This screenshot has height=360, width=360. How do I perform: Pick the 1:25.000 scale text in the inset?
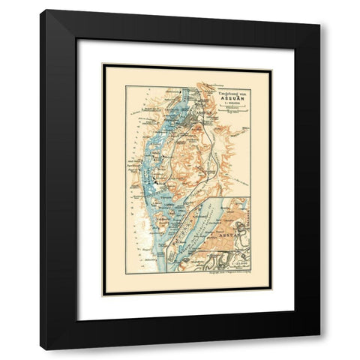pos(241,264)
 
